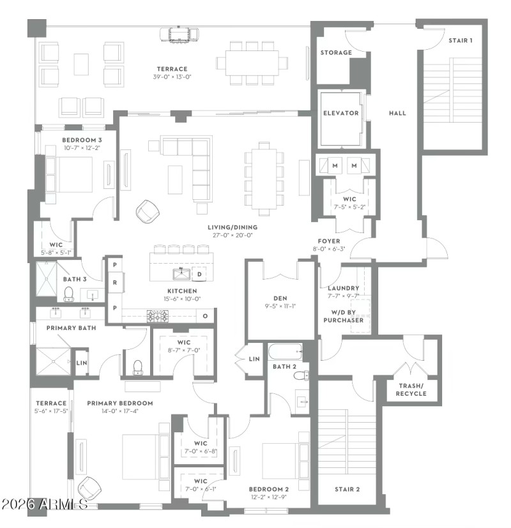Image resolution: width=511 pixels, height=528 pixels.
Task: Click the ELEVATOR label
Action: coord(340,113)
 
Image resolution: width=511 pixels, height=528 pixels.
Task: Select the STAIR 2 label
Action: coord(347,489)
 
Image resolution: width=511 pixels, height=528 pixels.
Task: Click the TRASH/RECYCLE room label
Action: coord(411,389)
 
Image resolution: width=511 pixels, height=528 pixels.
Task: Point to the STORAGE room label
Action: coord(336,52)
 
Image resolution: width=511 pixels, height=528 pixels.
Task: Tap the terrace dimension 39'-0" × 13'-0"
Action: coord(172,77)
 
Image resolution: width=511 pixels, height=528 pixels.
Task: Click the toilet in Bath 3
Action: coord(69,294)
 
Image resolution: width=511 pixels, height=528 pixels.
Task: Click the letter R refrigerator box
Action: coord(114,282)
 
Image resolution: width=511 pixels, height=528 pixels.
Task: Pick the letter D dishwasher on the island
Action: coord(199,275)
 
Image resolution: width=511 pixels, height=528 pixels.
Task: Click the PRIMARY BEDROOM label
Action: coord(120,403)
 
